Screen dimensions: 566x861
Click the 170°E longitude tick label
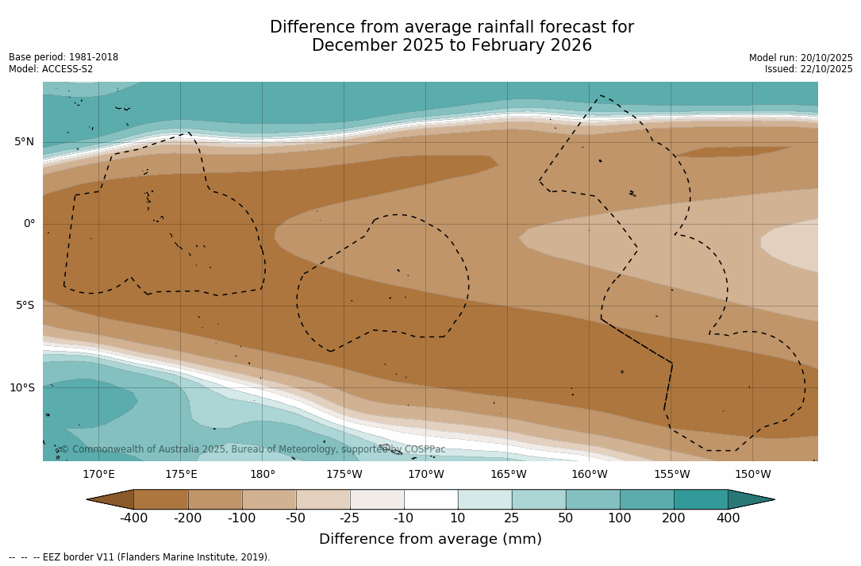click(x=98, y=475)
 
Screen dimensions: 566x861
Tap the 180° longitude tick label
click(x=263, y=475)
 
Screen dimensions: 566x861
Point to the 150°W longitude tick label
click(x=752, y=475)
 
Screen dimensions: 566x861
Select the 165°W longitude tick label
click(x=508, y=475)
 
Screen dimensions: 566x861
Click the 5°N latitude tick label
click(x=24, y=142)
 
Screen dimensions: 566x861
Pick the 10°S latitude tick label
click(x=21, y=388)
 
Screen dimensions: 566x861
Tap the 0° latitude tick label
click(x=29, y=224)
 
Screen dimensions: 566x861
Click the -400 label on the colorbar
click(x=134, y=518)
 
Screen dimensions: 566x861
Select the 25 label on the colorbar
click(x=512, y=518)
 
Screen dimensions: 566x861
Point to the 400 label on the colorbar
click(x=728, y=518)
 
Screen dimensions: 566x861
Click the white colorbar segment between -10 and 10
click(x=431, y=499)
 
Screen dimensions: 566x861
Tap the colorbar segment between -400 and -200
click(x=161, y=499)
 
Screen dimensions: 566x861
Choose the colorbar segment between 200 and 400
click(x=701, y=499)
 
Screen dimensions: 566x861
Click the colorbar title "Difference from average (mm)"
click(x=430, y=540)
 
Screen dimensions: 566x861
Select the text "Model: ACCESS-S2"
click(x=51, y=69)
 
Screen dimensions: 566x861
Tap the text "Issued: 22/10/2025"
click(x=808, y=69)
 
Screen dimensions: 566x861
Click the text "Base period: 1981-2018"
click(x=63, y=57)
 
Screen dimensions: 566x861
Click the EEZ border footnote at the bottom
click(x=140, y=557)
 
